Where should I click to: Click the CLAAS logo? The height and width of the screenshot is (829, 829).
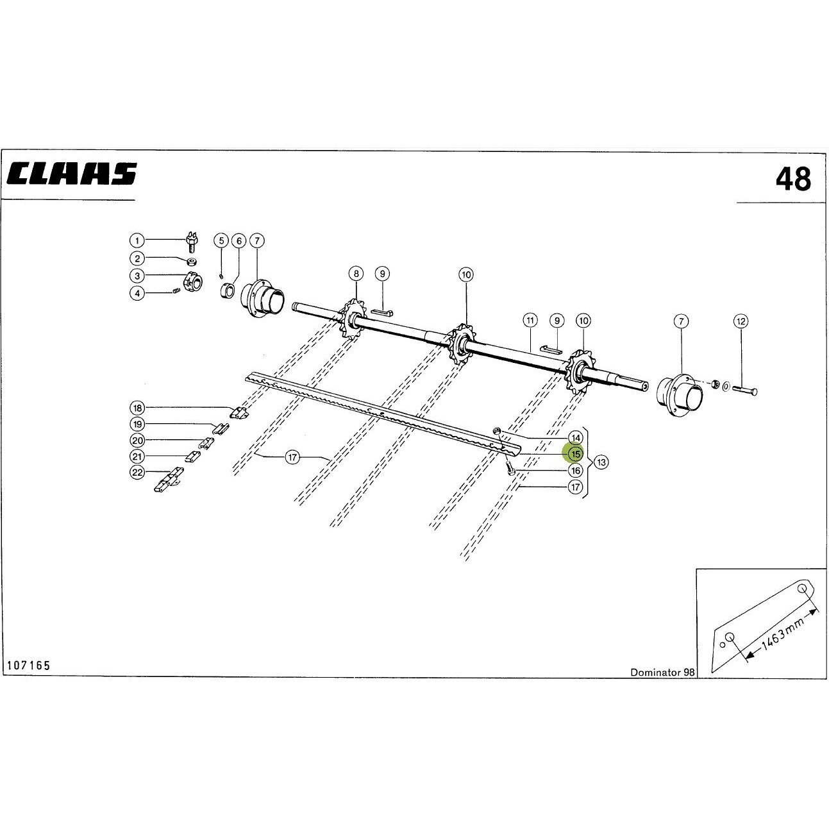point(72,173)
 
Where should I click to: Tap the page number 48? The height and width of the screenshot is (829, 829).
point(793,179)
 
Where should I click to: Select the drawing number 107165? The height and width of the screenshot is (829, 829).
point(29,665)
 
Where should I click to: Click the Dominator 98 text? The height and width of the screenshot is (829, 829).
point(662,672)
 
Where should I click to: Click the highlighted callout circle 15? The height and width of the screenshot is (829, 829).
point(575,454)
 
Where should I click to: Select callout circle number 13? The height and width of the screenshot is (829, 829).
point(601,462)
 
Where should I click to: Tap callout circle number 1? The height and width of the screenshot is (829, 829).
point(137,240)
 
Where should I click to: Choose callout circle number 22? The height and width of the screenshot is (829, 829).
point(137,473)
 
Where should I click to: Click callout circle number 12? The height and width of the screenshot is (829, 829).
point(741,321)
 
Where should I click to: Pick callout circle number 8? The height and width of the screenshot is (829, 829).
point(356,274)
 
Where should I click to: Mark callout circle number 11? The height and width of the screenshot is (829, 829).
point(530,321)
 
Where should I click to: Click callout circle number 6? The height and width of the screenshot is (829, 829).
point(239,241)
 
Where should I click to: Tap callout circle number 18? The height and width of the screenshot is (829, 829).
point(137,408)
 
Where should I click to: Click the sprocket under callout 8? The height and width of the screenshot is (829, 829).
point(354,318)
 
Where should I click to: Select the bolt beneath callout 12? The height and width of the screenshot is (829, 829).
point(744,390)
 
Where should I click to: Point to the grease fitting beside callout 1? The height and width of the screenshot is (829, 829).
point(192,242)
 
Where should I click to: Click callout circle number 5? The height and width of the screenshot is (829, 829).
point(221,240)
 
